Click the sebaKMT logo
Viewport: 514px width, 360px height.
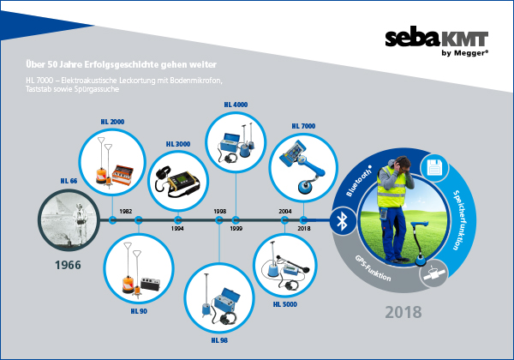437,43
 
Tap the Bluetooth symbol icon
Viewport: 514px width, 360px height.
343,221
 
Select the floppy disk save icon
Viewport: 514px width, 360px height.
433,168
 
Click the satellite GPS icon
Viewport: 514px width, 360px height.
434,273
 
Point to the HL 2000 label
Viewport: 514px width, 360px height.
112,122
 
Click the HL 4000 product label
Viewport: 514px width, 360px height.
236,105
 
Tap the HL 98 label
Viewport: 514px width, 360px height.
219,340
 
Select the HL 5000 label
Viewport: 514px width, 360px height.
285,304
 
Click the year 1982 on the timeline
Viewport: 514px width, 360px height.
126,212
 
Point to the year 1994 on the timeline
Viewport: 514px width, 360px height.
177,229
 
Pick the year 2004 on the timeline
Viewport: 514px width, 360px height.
285,212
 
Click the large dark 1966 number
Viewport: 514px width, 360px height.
68,265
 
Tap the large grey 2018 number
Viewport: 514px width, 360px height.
403,312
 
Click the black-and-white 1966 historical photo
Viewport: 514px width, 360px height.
69,220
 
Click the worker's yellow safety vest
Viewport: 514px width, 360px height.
391,188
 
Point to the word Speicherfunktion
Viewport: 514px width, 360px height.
459,220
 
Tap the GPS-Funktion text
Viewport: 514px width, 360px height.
373,268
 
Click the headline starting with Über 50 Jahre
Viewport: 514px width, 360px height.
122,64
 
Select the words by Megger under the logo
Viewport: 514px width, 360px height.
464,53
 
